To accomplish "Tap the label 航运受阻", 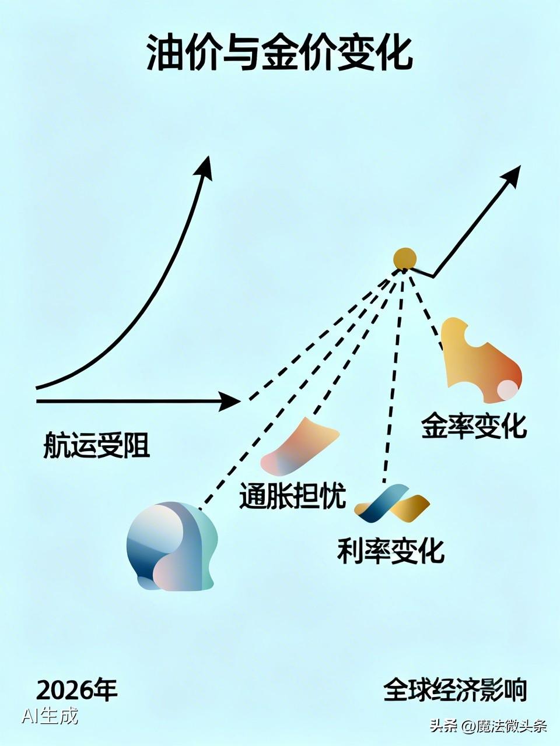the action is coord(97,446).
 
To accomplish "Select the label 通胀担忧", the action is coord(293,496).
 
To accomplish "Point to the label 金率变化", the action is coord(474,426).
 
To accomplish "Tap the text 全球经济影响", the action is coord(455,690).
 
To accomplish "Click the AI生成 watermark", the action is coord(50,715).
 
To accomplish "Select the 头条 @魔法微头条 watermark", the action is coord(488,726).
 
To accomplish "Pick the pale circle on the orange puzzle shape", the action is coord(508,389).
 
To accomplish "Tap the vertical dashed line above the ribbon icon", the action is coord(394,379).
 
